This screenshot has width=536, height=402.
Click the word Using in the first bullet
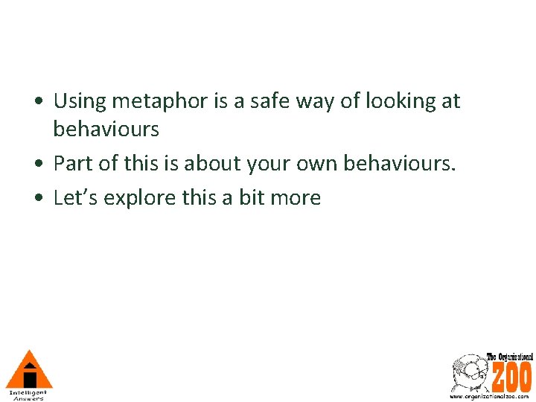(x=80, y=101)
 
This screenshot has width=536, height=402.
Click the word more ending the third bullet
(x=301, y=197)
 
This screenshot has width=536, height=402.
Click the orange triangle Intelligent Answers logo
(x=29, y=369)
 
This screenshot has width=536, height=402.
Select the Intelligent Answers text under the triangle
(x=28, y=395)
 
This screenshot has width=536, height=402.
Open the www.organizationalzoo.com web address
(x=490, y=396)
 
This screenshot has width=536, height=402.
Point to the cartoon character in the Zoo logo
(x=468, y=372)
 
